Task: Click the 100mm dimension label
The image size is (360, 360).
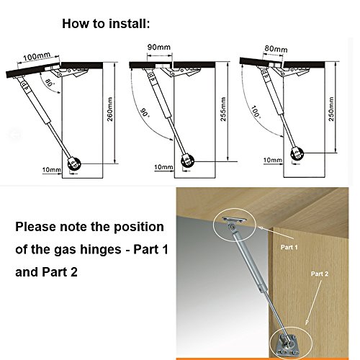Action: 37,57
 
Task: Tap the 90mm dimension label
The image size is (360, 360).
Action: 159,47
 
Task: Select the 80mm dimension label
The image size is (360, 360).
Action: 276,49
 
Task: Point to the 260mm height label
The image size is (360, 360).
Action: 109,109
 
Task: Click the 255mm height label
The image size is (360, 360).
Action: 223,109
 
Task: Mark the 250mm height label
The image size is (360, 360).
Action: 331,109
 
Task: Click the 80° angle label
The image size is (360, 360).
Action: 49,82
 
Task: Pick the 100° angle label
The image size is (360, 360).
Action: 256,112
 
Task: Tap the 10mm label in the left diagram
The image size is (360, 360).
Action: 52,170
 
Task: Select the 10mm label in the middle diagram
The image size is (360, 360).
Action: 163,167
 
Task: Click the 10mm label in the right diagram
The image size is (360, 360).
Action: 273,160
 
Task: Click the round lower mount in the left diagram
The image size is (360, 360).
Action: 74,164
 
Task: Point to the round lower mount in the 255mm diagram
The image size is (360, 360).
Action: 188,161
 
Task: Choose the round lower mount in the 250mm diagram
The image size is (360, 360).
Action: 297,154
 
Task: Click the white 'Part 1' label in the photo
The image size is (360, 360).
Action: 289,247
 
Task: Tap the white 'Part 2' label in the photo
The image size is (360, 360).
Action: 320,274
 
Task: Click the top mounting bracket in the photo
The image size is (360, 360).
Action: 234,221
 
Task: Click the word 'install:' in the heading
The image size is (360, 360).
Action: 130,24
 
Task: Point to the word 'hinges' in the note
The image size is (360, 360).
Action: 101,250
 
